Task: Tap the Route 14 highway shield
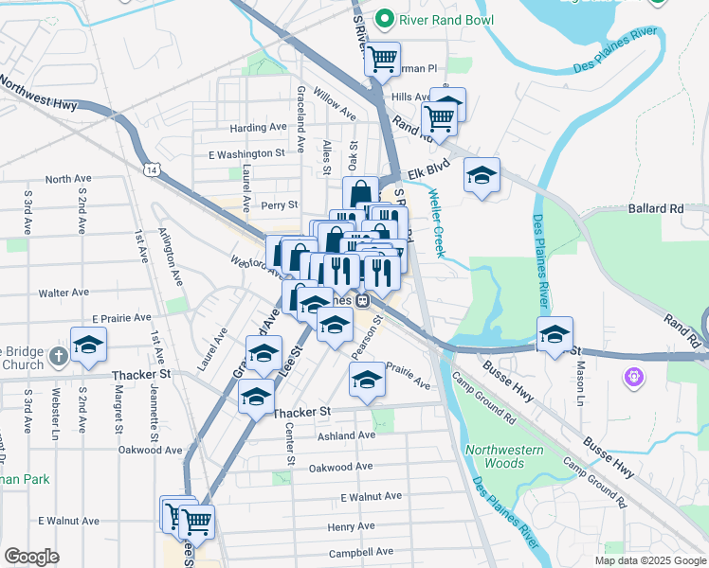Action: click(152, 169)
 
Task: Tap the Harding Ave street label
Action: click(258, 128)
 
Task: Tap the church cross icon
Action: click(59, 355)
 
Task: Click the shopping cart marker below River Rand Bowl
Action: click(382, 59)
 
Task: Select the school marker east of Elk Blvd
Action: click(482, 175)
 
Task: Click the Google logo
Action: click(32, 557)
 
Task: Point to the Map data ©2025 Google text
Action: click(649, 560)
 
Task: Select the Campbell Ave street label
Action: click(360, 553)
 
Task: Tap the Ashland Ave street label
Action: click(347, 435)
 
